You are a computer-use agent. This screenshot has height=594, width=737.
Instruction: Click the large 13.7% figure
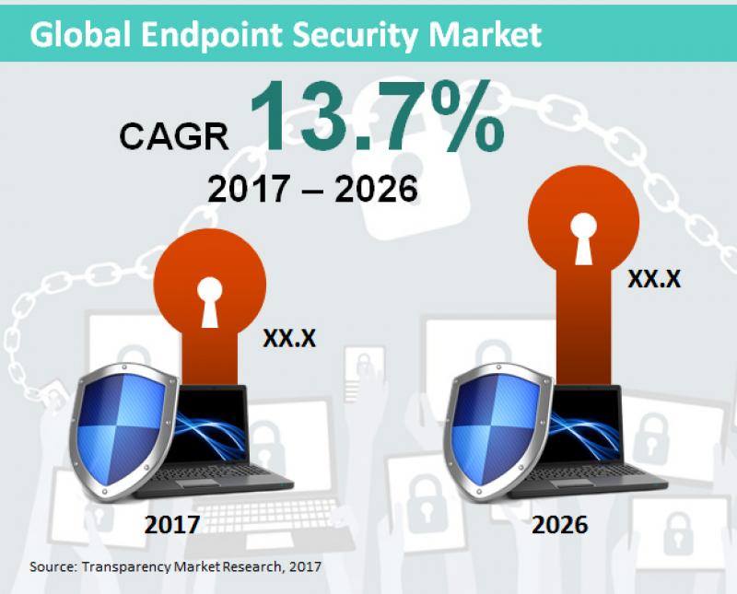click(x=378, y=118)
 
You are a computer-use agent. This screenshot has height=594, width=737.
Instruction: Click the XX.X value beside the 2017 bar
click(x=289, y=338)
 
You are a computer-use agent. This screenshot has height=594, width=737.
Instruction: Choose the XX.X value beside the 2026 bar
click(x=654, y=278)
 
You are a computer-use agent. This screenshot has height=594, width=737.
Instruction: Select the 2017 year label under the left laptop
click(x=171, y=525)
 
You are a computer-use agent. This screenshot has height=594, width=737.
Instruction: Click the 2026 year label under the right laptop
click(x=560, y=525)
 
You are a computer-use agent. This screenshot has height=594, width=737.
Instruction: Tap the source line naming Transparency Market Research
click(x=175, y=565)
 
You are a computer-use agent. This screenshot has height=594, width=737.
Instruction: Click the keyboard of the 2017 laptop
click(x=235, y=476)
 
